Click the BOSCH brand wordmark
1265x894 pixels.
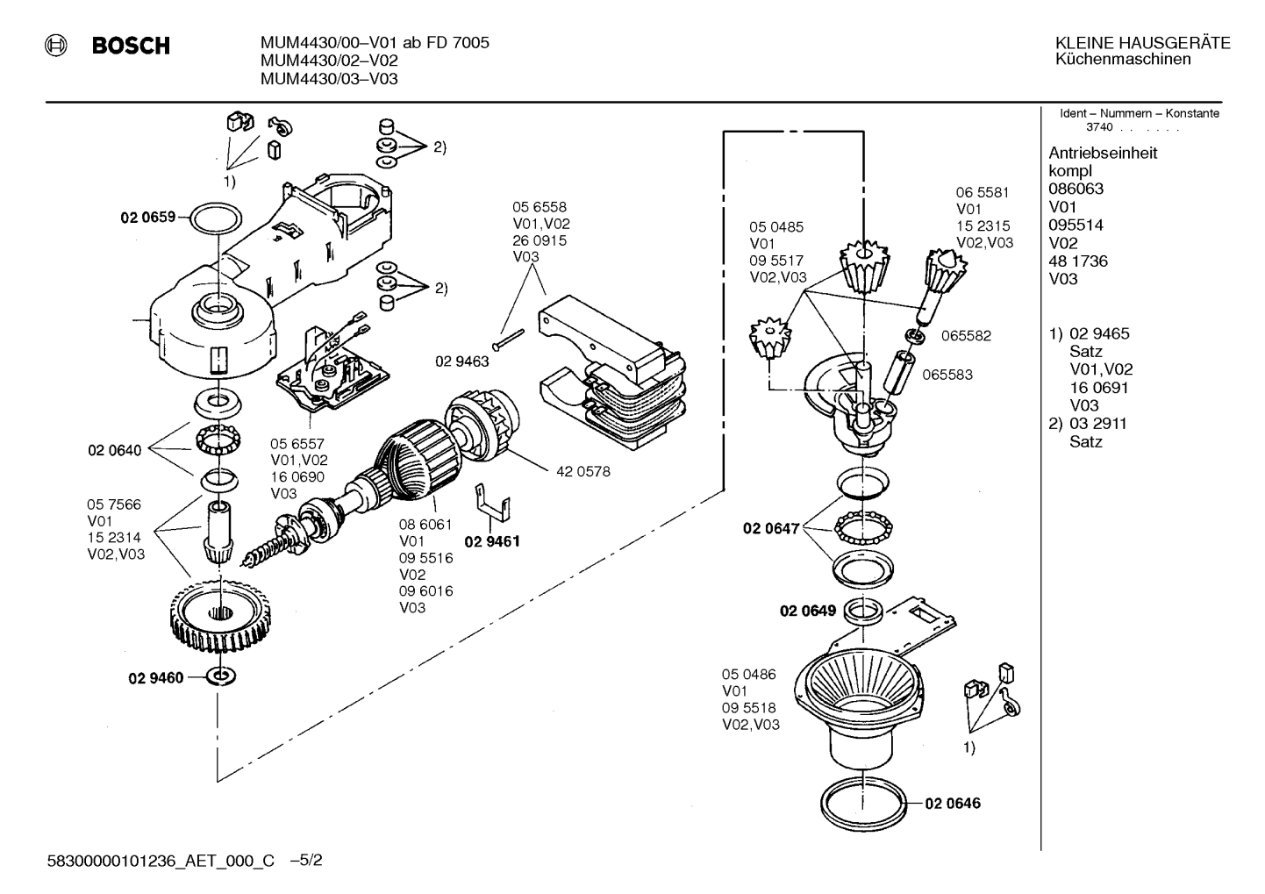131,46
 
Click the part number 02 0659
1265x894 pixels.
148,218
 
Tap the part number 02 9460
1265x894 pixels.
156,677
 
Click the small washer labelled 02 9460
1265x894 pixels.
221,676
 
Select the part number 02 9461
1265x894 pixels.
492,541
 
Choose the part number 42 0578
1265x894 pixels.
583,472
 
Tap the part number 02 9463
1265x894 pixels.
462,361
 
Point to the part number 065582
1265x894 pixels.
966,336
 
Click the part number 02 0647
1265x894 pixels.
771,529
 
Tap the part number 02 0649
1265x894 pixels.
808,611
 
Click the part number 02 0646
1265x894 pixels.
953,803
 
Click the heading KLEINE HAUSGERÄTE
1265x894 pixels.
1143,44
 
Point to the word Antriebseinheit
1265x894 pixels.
1103,153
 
